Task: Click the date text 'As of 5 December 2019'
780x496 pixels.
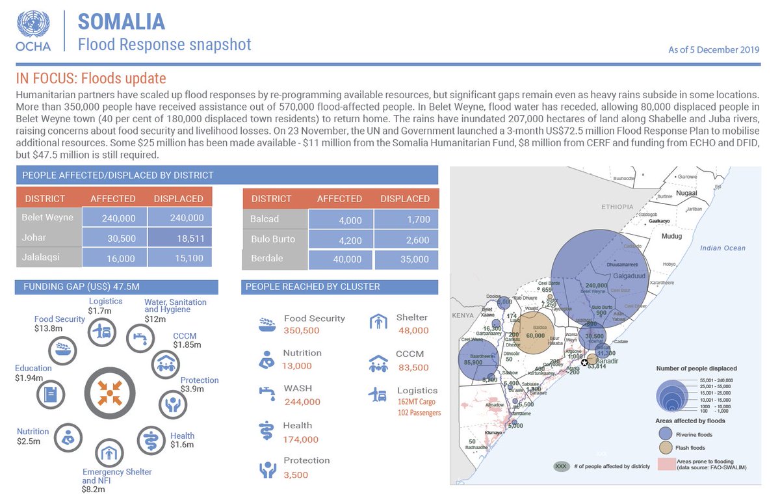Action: [x=714, y=50]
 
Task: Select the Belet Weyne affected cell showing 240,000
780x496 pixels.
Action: [x=114, y=218]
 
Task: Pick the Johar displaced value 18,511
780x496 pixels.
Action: [x=179, y=239]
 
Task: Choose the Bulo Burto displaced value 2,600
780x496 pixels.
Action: [x=406, y=240]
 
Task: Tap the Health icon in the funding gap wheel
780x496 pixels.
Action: [x=151, y=440]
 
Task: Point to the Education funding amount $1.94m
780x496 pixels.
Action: [x=29, y=378]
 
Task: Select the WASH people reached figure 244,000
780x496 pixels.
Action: [x=302, y=402]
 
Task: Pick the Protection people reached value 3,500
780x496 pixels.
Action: [x=296, y=475]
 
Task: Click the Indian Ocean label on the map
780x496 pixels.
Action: [x=722, y=248]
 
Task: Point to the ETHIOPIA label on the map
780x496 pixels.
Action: [x=617, y=207]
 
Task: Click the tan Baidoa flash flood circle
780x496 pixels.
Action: [x=533, y=332]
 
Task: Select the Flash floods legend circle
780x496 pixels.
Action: [x=664, y=447]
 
